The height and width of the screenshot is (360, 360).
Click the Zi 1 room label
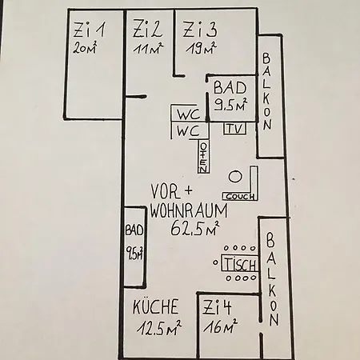(x=90, y=30)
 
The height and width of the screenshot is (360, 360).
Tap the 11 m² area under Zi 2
(x=148, y=48)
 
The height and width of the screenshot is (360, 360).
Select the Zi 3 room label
(x=200, y=29)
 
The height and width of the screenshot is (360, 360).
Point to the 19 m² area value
(x=202, y=48)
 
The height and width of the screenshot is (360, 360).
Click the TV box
(x=234, y=128)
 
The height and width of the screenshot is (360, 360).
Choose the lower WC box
(x=190, y=130)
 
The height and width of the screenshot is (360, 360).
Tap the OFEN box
(x=203, y=157)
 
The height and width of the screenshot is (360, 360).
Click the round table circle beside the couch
(x=235, y=177)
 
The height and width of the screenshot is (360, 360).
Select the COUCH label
(x=240, y=197)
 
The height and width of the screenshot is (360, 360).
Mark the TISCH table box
(x=240, y=263)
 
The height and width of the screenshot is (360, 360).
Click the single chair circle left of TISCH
(x=215, y=262)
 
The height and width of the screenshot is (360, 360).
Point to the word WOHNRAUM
(x=189, y=210)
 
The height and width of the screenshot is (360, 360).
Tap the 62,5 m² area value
(x=195, y=228)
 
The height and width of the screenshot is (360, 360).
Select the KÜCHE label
(x=156, y=306)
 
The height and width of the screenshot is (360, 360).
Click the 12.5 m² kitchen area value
(x=159, y=327)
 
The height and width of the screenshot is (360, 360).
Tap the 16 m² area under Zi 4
(x=220, y=326)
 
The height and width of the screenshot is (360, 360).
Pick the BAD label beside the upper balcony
(x=230, y=88)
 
